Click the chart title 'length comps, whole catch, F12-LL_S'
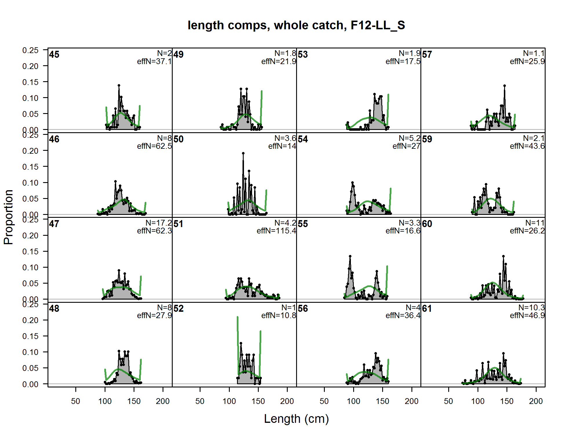pos(296,26)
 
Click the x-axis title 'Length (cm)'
pos(296,419)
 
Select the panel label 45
pos(54,55)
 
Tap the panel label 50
pos(178,139)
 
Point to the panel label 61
pos(427,309)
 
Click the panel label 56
pos(303,309)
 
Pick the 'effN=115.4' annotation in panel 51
pos(276,231)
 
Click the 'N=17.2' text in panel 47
pos(158,223)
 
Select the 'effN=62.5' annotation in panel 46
pos(154,146)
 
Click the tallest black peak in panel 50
pos(243,153)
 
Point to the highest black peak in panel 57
pos(504,86)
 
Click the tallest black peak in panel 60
pos(503,256)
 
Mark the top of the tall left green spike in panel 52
pos(238,317)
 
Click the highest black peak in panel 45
pos(119,85)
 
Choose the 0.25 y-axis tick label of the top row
pos(30,50)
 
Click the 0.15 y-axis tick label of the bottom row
pos(30,336)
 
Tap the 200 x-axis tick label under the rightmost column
pos(536,401)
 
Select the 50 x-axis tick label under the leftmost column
pos(76,401)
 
